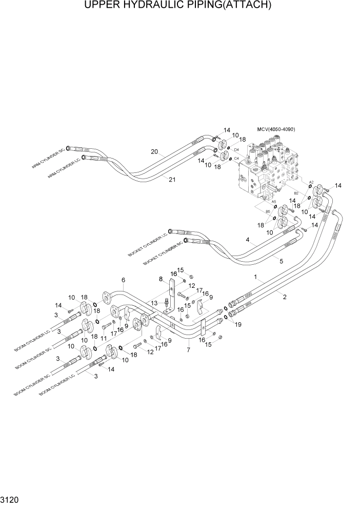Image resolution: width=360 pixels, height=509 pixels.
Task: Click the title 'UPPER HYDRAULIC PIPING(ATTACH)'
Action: [179, 6]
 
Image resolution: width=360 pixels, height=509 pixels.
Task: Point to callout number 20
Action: [153, 151]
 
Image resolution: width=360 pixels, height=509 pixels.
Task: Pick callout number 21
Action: [171, 179]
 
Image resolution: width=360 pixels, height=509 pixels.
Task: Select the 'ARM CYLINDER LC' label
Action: [62, 168]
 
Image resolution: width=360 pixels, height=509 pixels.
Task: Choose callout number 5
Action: [281, 261]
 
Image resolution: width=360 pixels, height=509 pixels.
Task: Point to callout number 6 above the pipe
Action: [123, 280]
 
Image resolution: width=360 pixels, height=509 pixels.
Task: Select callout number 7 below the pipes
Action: [189, 350]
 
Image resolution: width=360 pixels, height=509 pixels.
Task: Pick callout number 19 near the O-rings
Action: [237, 324]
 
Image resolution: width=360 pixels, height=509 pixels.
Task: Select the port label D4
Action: [236, 149]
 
